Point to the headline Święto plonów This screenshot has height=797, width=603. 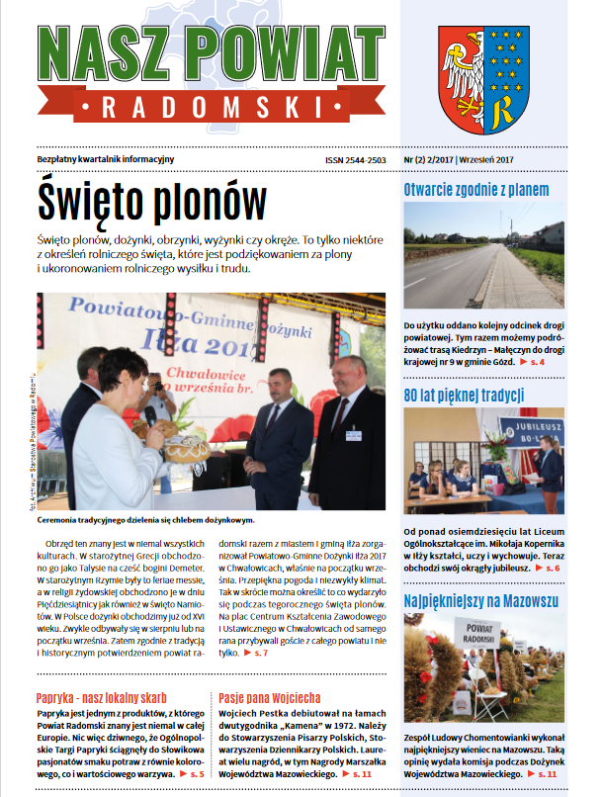pos(152,202)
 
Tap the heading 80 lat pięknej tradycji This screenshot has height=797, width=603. pos(450,396)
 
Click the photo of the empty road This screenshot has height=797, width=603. pos(483,259)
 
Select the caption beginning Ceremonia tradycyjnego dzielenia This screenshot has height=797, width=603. pos(145,519)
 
